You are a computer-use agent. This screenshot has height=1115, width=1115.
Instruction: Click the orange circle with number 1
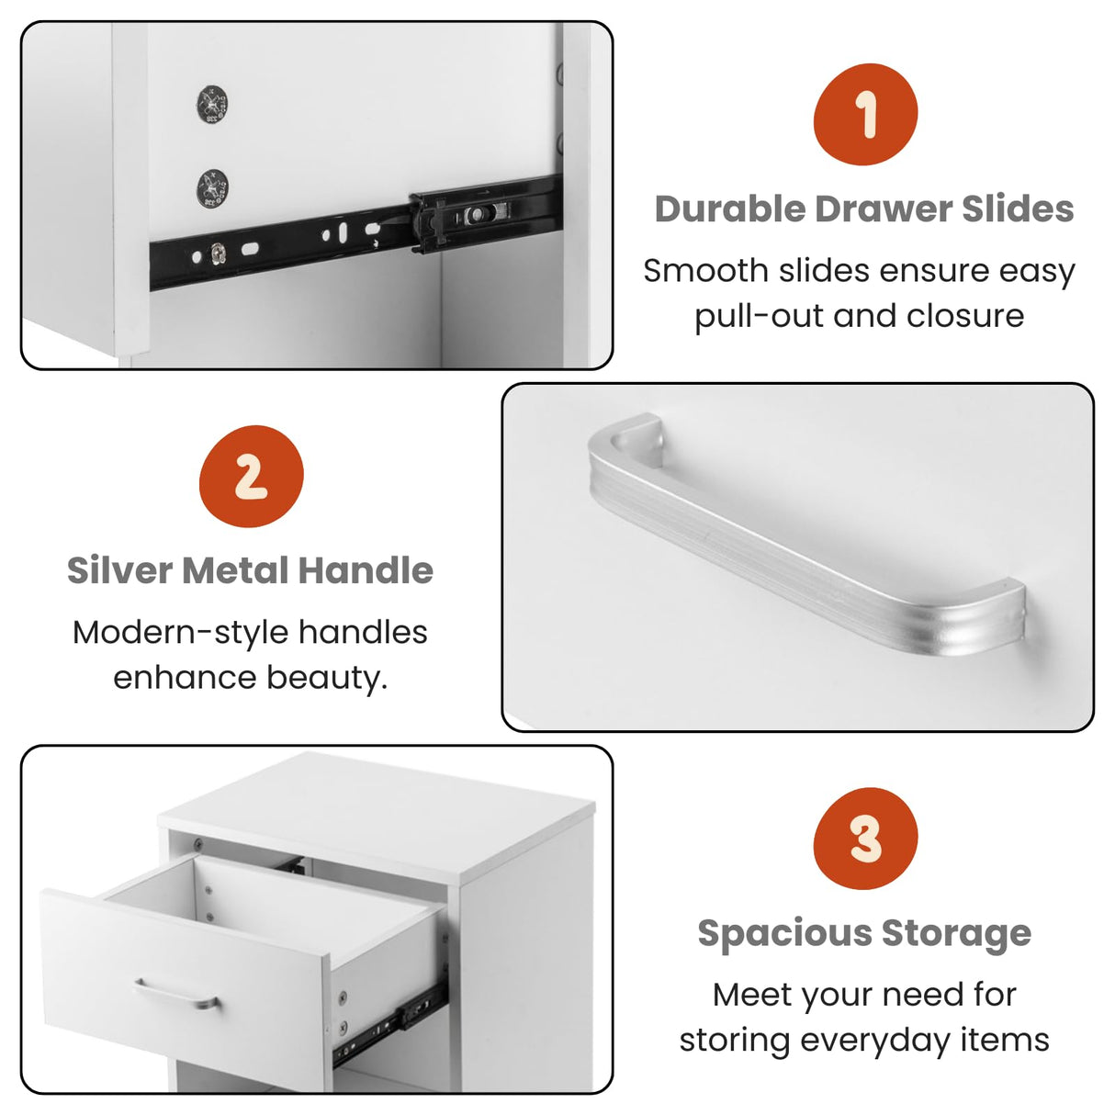point(865,115)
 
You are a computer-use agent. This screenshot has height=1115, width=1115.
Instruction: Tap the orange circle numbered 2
point(251,476)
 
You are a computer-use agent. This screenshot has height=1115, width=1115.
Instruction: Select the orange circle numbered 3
point(865,839)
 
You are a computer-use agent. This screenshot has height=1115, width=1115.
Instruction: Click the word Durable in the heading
point(729,208)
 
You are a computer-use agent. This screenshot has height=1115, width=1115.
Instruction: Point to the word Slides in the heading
point(1018,208)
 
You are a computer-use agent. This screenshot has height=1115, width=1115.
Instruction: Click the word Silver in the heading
point(119,570)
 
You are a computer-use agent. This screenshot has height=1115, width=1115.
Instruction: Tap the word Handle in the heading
point(366,570)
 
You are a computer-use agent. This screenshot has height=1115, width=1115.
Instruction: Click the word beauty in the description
point(326,678)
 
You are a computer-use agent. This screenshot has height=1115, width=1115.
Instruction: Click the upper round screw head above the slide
point(212,104)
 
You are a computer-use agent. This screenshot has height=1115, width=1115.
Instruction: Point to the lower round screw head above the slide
point(213,188)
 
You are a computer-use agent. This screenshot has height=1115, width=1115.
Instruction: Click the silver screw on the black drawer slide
point(219,253)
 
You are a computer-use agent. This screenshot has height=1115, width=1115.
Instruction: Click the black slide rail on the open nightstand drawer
point(390,1029)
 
